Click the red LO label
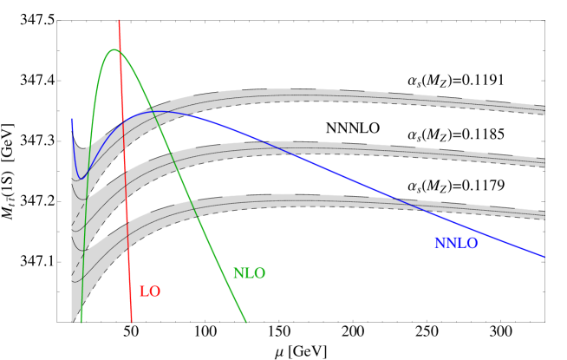pyautogui.click(x=150, y=292)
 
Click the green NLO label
pyautogui.click(x=249, y=274)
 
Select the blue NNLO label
pyautogui.click(x=456, y=244)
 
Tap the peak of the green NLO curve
pyautogui.click(x=114, y=50)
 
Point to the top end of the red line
pyautogui.click(x=119, y=20)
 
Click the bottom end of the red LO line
pyautogui.click(x=132, y=322)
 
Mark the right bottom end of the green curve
pyautogui.click(x=246, y=322)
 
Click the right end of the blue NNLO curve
pyautogui.click(x=544, y=257)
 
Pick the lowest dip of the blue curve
pyautogui.click(x=81, y=179)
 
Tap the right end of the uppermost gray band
pyautogui.click(x=544, y=109)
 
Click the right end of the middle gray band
pyautogui.click(x=544, y=162)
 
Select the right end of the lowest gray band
pyautogui.click(x=544, y=214)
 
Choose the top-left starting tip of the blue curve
pyautogui.click(x=72, y=119)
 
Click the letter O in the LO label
pyautogui.click(x=155, y=292)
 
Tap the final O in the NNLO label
pyautogui.click(x=472, y=244)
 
